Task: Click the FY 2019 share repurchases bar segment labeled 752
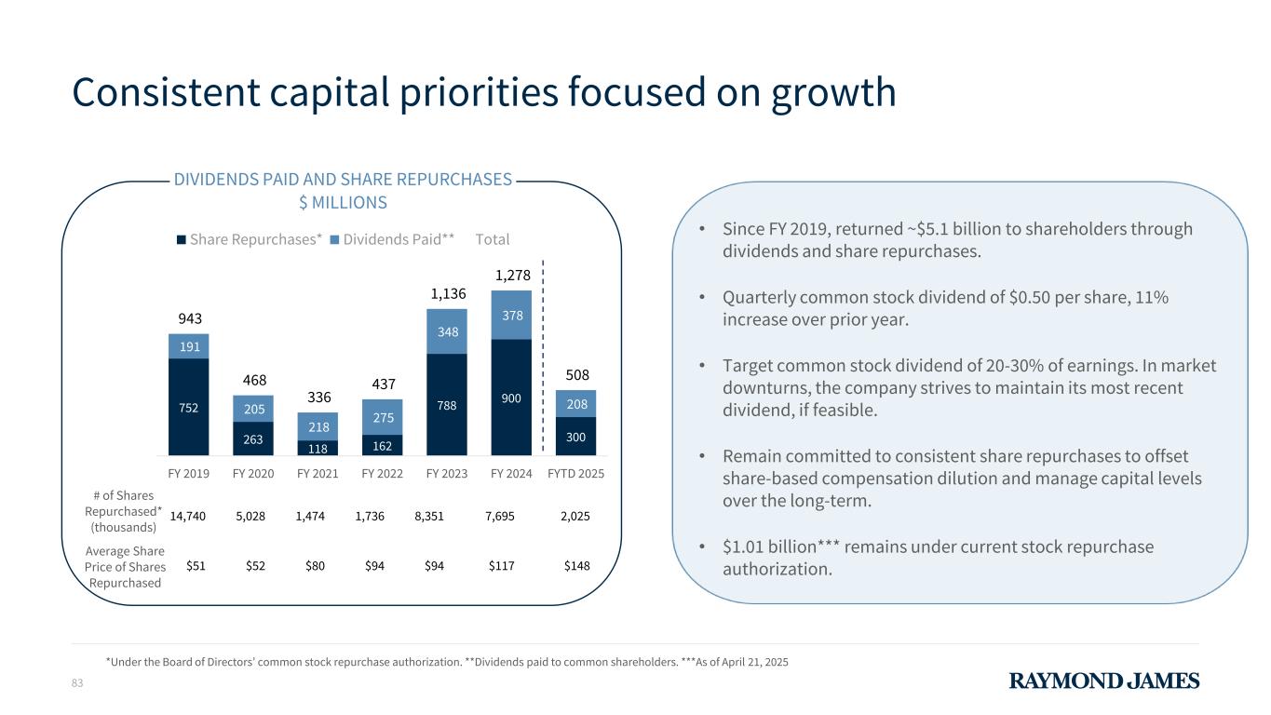coord(188,406)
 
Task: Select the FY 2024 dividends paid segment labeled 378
coord(511,316)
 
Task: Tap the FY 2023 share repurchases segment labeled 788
coord(447,404)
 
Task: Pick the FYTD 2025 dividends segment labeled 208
coord(576,402)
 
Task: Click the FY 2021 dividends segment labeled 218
coord(318,425)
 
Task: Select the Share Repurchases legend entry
coord(250,239)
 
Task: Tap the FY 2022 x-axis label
coord(382,473)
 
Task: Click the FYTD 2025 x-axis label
coord(575,473)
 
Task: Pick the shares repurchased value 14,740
coord(189,515)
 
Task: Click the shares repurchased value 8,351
coord(433,515)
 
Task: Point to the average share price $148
coord(576,566)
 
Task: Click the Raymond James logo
coord(1104,681)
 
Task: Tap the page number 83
coord(77,684)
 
